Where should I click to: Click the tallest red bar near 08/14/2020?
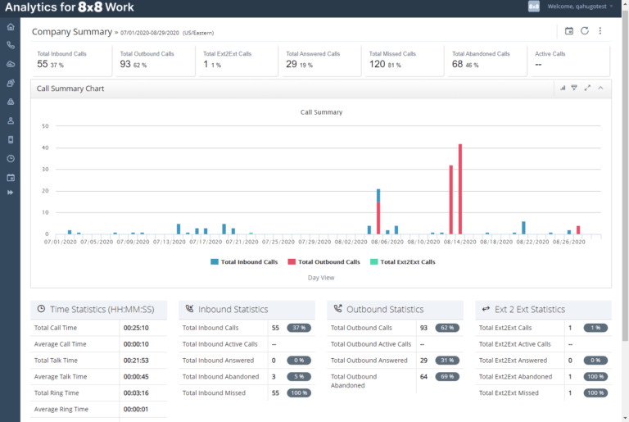point(460,189)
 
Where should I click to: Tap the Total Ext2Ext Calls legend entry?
point(402,262)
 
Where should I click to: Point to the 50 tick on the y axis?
point(45,126)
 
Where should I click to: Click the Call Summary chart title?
point(321,112)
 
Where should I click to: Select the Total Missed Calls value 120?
point(377,64)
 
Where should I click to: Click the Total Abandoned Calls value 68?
point(457,64)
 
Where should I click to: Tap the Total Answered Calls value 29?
point(292,64)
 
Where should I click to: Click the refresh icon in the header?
point(585,31)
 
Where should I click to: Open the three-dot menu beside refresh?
point(600,31)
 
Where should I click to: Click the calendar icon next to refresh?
point(569,31)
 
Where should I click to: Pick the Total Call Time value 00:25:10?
point(136,328)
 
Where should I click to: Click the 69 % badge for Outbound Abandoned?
point(446,377)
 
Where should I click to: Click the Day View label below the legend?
point(321,278)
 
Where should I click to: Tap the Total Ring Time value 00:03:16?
point(136,393)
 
